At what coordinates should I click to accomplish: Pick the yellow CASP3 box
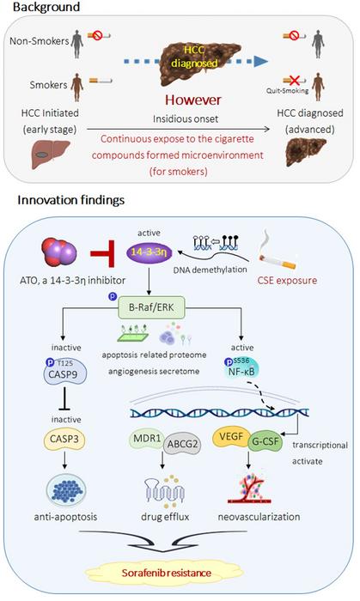pyautogui.click(x=75, y=440)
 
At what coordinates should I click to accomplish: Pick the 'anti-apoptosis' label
pyautogui.click(x=75, y=517)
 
